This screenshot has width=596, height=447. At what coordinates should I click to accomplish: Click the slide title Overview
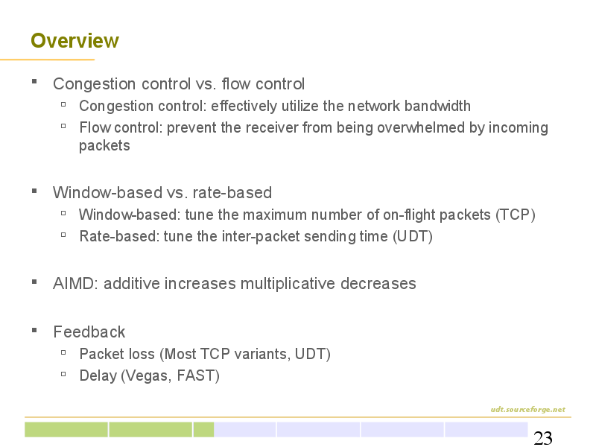74,41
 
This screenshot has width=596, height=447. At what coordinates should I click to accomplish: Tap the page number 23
543,438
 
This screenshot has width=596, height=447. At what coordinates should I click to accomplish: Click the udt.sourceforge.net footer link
527,409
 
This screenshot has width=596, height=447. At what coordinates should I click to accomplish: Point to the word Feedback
89,332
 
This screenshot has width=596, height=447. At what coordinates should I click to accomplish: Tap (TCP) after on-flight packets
516,215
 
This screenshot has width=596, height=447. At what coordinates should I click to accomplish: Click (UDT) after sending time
413,236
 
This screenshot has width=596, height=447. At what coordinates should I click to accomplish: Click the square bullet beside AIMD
34,282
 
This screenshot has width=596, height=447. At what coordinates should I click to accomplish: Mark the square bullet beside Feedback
34,330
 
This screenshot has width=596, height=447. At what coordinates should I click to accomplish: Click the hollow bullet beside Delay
63,375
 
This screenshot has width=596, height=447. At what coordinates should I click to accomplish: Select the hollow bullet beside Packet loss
63,352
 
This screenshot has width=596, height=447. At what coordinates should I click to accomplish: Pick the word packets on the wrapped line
104,146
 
